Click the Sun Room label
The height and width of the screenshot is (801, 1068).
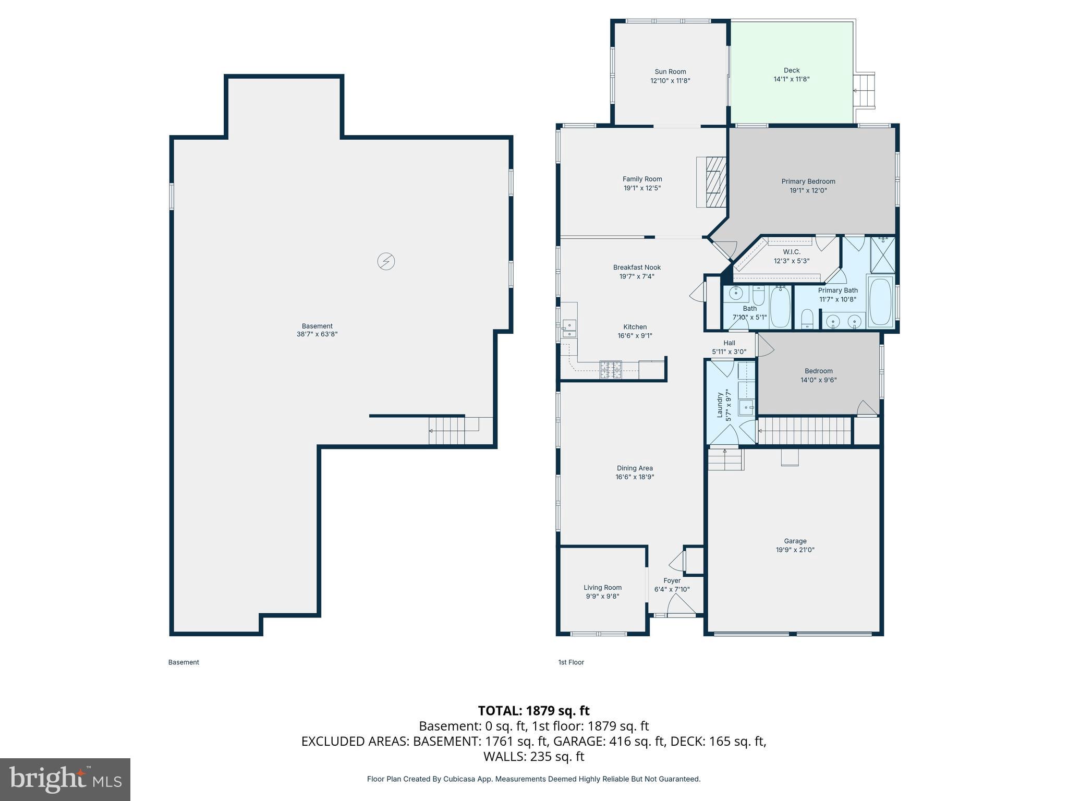tap(670, 72)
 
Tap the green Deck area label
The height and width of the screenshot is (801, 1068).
tap(791, 70)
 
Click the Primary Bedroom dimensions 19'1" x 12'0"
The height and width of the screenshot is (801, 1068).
tap(808, 191)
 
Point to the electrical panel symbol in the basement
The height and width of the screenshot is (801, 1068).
tap(386, 261)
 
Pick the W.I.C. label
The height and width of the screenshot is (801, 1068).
tap(791, 252)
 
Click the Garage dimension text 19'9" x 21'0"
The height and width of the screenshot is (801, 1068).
tap(795, 550)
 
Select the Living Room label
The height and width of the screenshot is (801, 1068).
tap(602, 588)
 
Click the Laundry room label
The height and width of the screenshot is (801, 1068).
tap(720, 405)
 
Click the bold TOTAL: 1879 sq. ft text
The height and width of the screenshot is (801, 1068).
tap(533, 711)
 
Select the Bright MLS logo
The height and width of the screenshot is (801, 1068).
tap(65, 779)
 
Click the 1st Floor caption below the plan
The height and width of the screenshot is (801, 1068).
tap(571, 662)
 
